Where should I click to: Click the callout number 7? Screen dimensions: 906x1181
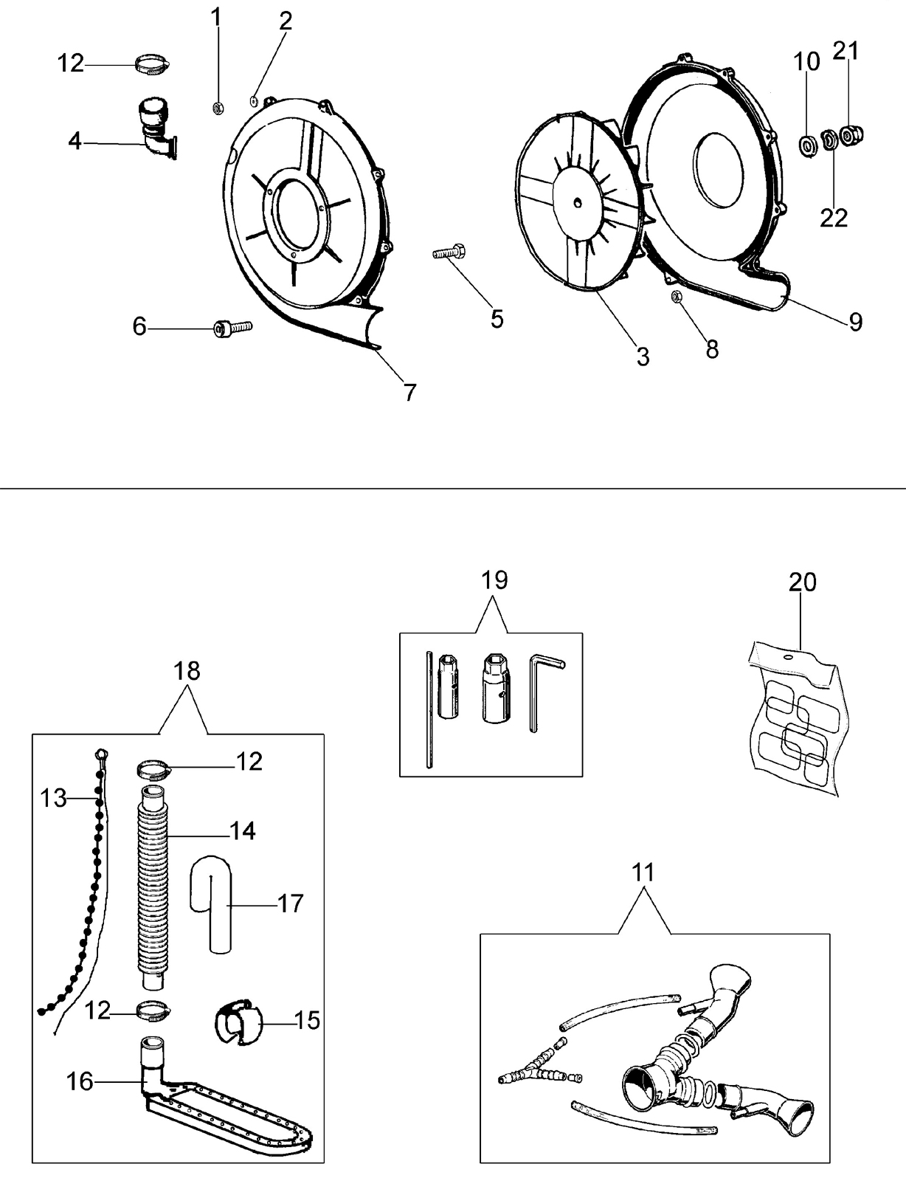[x=410, y=392]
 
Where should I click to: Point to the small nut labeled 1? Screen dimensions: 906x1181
[x=217, y=109]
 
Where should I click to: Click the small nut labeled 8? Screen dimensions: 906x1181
[x=677, y=297]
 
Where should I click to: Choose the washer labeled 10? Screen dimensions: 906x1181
[x=809, y=147]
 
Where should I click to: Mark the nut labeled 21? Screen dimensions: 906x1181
[x=851, y=134]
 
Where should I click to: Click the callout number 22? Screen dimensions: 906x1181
[x=834, y=218]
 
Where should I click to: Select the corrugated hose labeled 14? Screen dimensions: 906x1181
[x=153, y=888]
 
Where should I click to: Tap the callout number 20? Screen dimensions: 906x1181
[x=802, y=582]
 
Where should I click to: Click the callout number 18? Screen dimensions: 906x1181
[x=187, y=671]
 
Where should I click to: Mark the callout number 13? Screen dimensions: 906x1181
[x=53, y=799]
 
